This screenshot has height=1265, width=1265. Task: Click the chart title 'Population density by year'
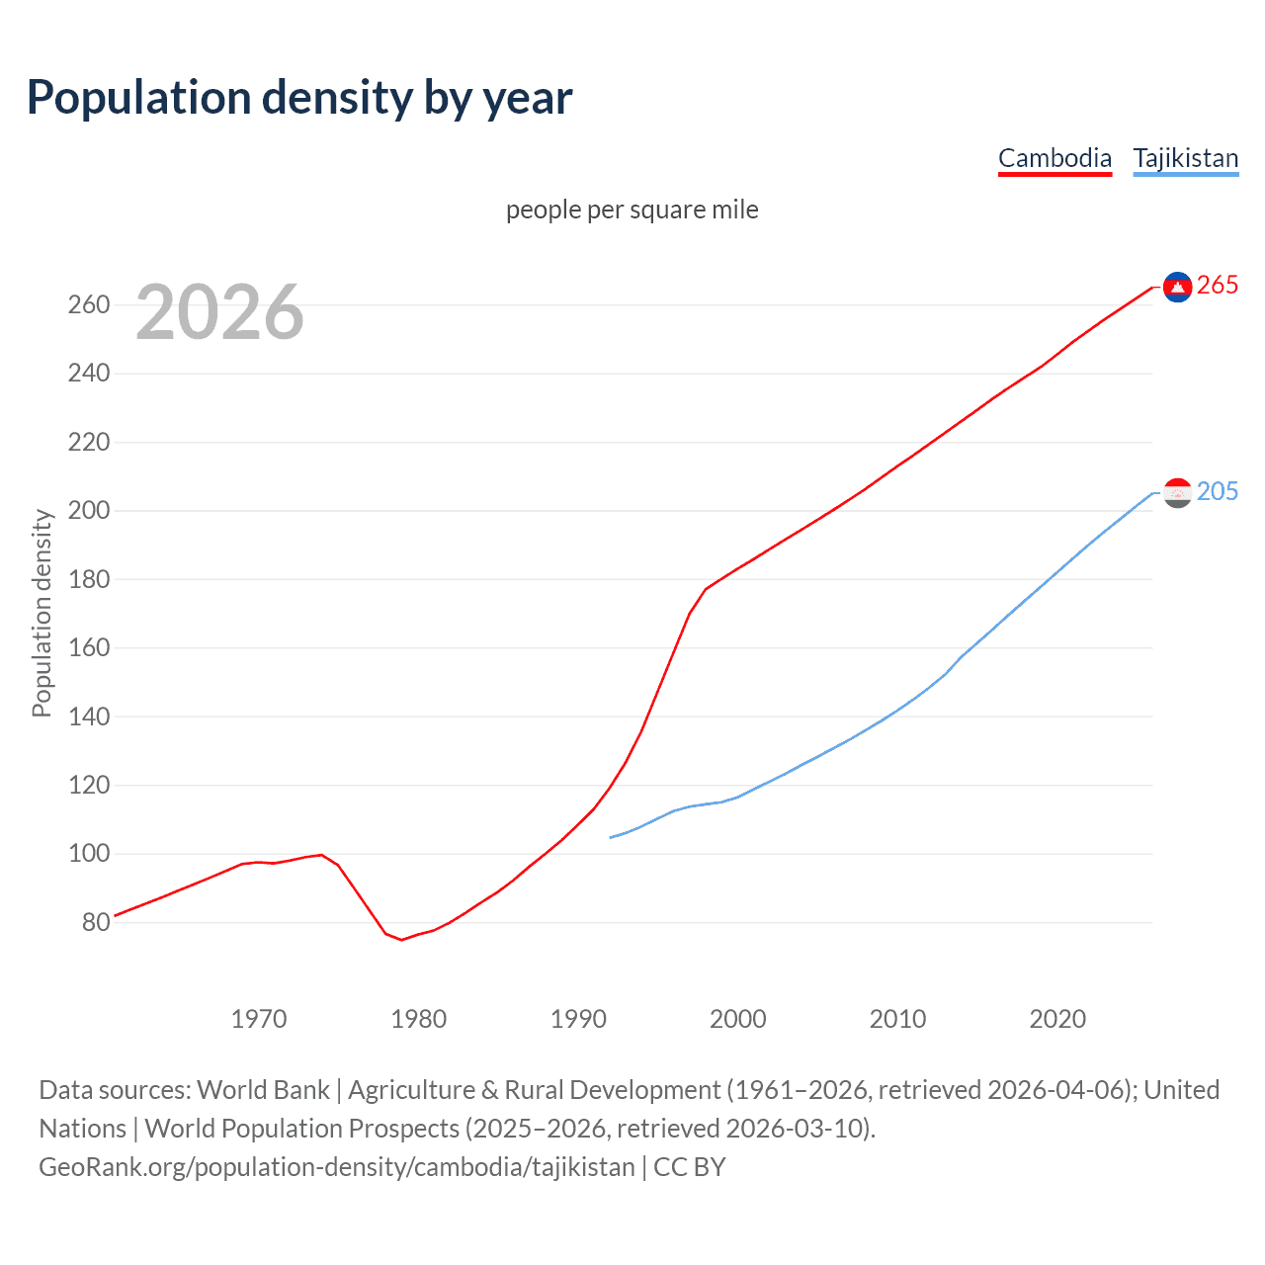click(x=299, y=98)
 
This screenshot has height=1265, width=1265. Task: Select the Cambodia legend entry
click(x=1054, y=158)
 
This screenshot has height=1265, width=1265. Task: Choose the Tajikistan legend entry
click(x=1185, y=158)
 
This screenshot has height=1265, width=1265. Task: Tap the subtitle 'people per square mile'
click(x=632, y=210)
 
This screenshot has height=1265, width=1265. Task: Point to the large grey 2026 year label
click(x=219, y=312)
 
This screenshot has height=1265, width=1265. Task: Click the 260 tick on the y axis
click(x=89, y=304)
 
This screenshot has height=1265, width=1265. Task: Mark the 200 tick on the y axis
click(x=89, y=511)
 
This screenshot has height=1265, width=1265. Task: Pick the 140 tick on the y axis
click(x=89, y=717)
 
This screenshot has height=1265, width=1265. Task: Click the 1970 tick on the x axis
click(x=259, y=1019)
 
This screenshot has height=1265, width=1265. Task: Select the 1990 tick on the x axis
click(x=578, y=1019)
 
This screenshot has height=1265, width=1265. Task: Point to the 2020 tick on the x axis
click(x=1057, y=1019)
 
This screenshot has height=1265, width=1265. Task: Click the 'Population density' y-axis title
click(x=42, y=613)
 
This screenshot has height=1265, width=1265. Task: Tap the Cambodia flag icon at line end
click(x=1177, y=287)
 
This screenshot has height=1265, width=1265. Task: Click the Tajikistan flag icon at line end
click(x=1177, y=492)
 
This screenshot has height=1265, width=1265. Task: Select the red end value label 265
click(x=1218, y=286)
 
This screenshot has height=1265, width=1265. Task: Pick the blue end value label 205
click(x=1218, y=492)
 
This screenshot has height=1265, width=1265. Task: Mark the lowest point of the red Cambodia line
click(x=401, y=940)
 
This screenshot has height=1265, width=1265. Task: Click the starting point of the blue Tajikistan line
click(x=611, y=838)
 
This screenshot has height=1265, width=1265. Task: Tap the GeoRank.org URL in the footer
click(x=337, y=1167)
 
